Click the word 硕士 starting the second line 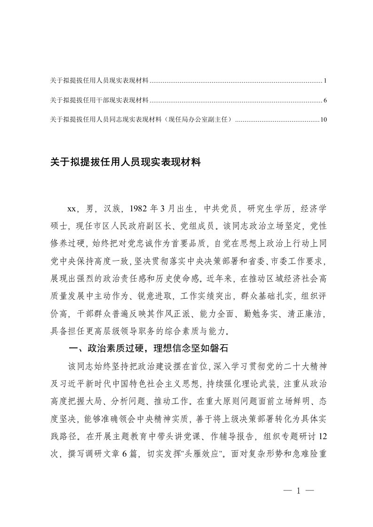click(59, 224)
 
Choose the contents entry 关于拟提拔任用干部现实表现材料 click(99, 101)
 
